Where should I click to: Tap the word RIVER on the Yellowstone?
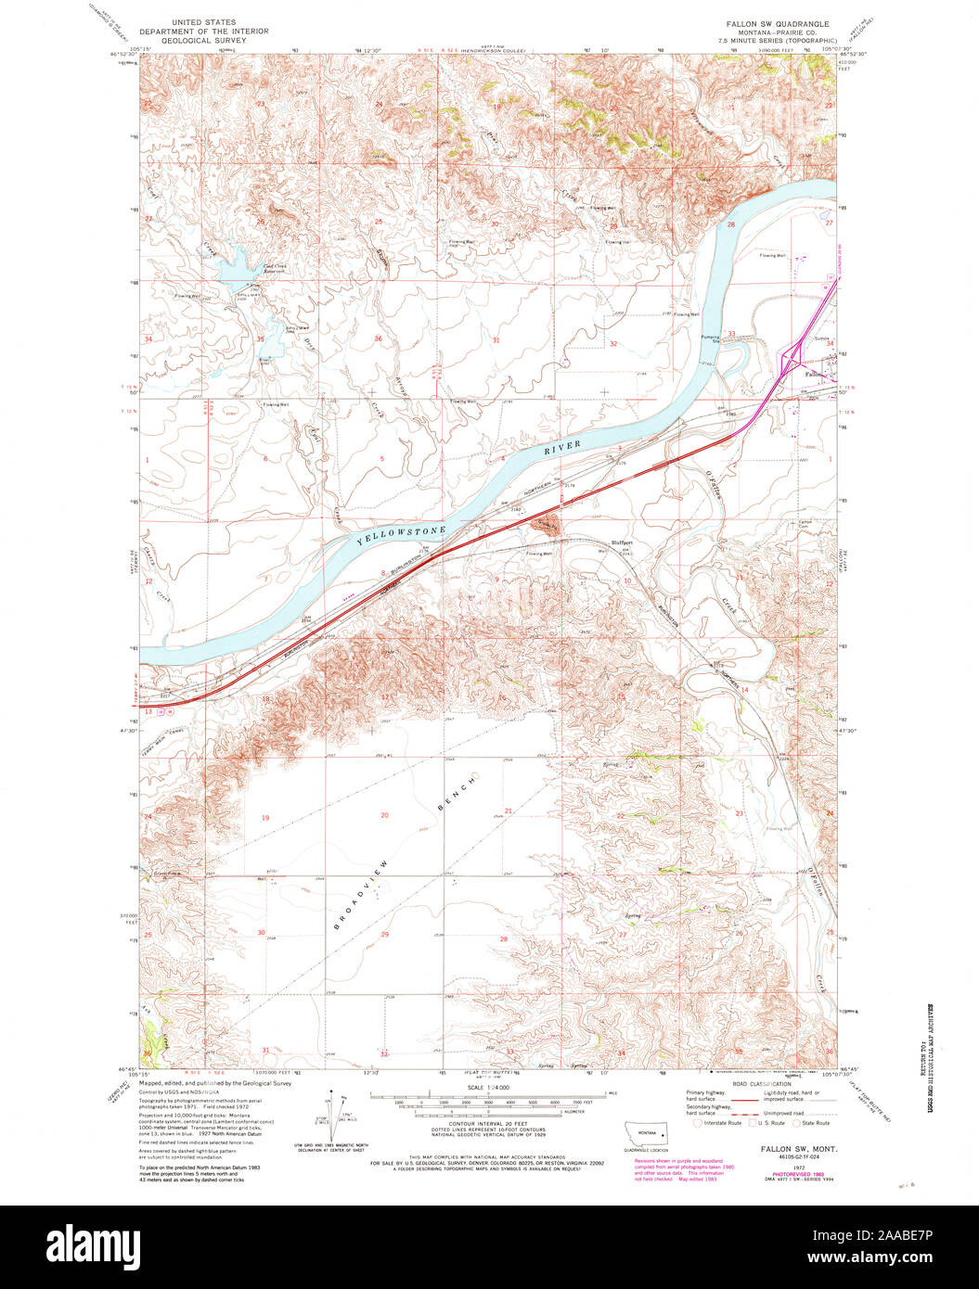coord(562,448)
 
